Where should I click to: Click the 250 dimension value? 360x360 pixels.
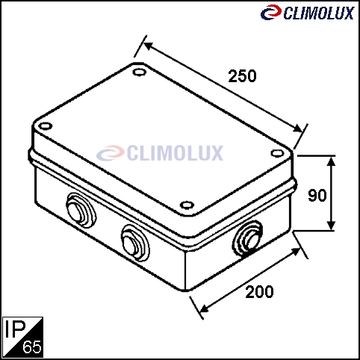pyautogui.click(x=242, y=76)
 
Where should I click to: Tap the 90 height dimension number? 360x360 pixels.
pyautogui.click(x=317, y=195)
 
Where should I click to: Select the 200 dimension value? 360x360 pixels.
pyautogui.click(x=259, y=292)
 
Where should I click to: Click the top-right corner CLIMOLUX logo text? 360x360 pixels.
pyautogui.click(x=319, y=13)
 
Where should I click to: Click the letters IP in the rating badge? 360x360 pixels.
pyautogui.click(x=15, y=329)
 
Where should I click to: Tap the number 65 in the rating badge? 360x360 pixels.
pyautogui.click(x=32, y=347)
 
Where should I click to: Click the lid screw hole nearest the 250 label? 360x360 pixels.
pyautogui.click(x=140, y=72)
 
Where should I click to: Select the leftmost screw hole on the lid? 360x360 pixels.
pyautogui.click(x=45, y=126)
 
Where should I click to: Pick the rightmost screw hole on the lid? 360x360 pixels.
pyautogui.click(x=277, y=153)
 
